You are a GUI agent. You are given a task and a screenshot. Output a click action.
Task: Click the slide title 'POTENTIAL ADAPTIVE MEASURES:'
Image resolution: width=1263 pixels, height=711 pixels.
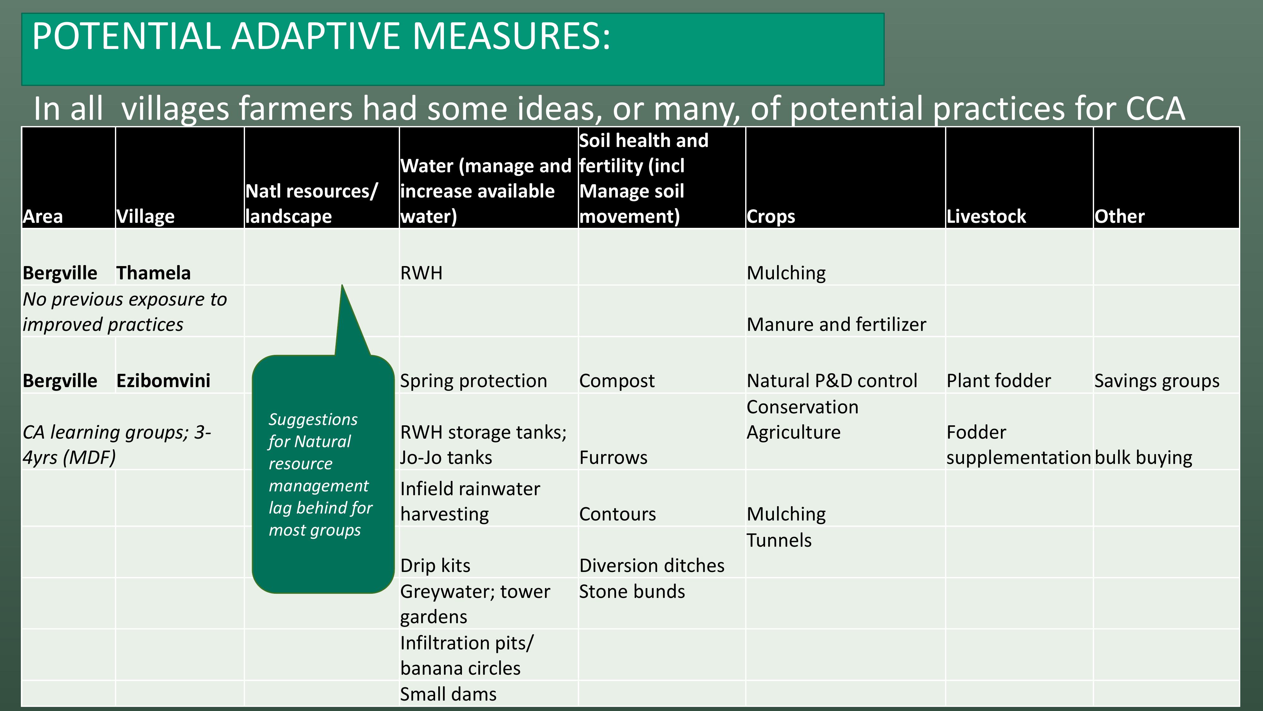[x=321, y=36]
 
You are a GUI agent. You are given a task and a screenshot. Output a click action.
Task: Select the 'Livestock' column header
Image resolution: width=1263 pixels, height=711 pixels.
[x=986, y=216]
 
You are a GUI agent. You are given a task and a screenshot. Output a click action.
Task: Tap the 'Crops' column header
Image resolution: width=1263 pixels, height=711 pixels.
[x=771, y=217]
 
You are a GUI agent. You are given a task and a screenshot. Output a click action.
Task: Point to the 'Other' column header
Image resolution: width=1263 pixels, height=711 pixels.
[x=1119, y=216]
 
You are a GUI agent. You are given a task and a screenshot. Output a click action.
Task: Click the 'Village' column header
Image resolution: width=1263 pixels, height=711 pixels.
[x=146, y=217]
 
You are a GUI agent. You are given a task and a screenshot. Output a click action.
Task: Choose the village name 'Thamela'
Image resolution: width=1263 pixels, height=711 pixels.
[x=153, y=273]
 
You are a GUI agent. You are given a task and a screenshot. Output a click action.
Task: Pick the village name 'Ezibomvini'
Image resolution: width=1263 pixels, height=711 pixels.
[x=163, y=381]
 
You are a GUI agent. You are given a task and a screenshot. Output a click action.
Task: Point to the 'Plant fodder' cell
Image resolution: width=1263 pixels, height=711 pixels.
[x=999, y=381]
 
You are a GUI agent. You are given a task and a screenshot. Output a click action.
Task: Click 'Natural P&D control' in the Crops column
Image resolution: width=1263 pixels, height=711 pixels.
[x=832, y=381]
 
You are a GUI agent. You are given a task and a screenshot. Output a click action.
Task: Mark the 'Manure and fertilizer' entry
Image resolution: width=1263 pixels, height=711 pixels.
[x=836, y=324]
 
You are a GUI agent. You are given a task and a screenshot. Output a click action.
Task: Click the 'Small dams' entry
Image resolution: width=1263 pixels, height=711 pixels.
[x=448, y=694]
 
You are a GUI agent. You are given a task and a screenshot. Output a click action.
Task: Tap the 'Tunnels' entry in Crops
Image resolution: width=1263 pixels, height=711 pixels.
[x=779, y=540]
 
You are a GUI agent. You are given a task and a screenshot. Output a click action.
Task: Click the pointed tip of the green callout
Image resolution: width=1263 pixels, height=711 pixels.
[x=342, y=285]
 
